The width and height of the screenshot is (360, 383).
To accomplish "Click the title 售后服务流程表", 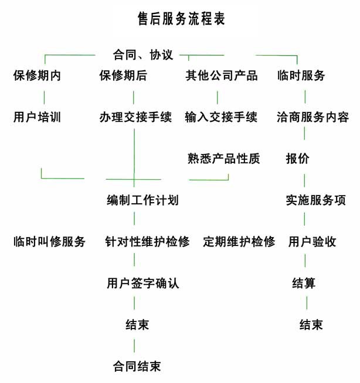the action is (181, 19).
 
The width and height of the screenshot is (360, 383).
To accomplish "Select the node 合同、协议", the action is (143, 54).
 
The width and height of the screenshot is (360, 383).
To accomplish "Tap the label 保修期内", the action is (37, 75).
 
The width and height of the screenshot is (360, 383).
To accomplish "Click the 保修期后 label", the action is (123, 75).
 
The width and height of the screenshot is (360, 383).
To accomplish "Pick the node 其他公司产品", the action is (222, 75).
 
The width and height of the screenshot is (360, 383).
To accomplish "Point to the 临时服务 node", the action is (301, 75).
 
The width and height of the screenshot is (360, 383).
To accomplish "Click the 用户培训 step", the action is (37, 117).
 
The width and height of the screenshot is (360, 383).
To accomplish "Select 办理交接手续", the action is (135, 117).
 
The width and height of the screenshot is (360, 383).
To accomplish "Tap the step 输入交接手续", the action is (221, 117).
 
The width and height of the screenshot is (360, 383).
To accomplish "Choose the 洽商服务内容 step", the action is (313, 117).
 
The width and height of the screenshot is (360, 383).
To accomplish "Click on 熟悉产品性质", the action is (223, 159).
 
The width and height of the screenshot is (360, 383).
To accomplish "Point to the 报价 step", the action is (298, 159).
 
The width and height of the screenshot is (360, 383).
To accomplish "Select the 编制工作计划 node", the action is (142, 200).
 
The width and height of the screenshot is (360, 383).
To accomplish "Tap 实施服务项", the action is (316, 200).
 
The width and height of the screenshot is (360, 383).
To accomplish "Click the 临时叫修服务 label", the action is (49, 242).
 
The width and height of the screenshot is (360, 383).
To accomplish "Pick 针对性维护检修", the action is (147, 242).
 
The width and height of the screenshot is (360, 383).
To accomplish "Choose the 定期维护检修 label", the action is (239, 242).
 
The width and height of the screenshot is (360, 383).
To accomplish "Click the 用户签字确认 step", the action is (143, 283).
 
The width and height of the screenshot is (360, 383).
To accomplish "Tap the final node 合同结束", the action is (137, 367).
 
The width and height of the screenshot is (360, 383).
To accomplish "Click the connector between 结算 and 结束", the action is (307, 303).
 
